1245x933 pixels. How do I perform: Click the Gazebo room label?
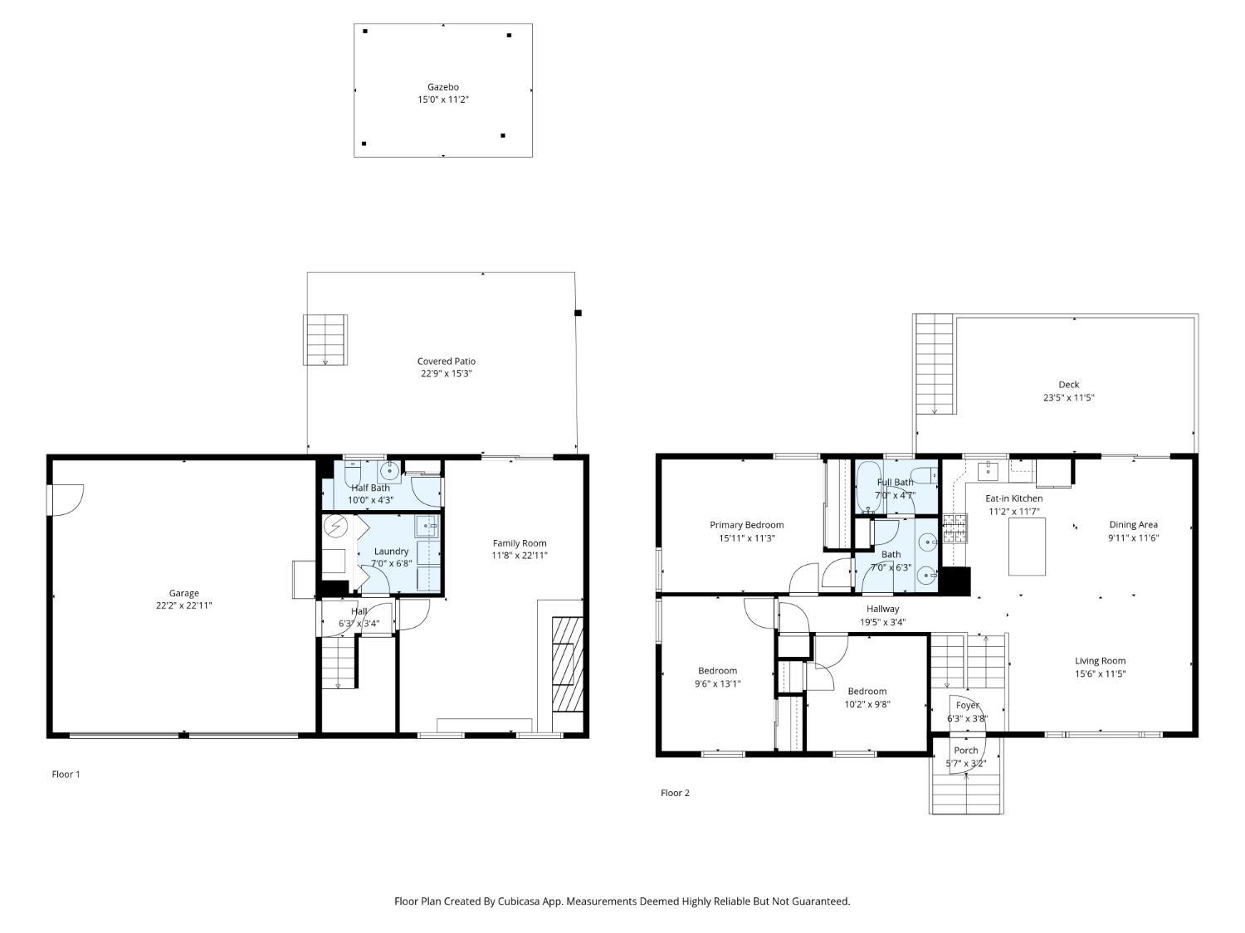tap(443, 87)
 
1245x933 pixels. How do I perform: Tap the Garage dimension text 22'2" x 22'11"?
tap(184, 605)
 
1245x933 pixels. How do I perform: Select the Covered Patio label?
tap(447, 361)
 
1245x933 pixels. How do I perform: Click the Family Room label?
tap(520, 542)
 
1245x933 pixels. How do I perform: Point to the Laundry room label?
tap(392, 552)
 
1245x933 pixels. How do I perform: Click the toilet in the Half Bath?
tap(352, 473)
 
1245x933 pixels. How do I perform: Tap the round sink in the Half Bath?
tap(389, 470)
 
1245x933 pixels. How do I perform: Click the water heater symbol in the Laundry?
tap(336, 527)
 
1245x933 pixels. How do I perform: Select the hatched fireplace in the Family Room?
tap(567, 663)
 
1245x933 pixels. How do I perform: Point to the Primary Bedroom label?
tap(747, 525)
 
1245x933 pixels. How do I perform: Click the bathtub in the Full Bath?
tap(868, 487)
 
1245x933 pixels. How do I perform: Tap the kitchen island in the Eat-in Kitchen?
tap(1028, 547)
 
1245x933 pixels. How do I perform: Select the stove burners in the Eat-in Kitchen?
tap(954, 528)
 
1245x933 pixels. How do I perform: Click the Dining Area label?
tap(1133, 525)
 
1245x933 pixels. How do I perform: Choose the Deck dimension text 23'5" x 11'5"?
tap(1069, 398)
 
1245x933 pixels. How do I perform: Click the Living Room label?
tap(1101, 660)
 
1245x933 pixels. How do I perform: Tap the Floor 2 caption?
tap(675, 793)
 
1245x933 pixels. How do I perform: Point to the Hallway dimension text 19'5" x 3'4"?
tap(882, 622)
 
